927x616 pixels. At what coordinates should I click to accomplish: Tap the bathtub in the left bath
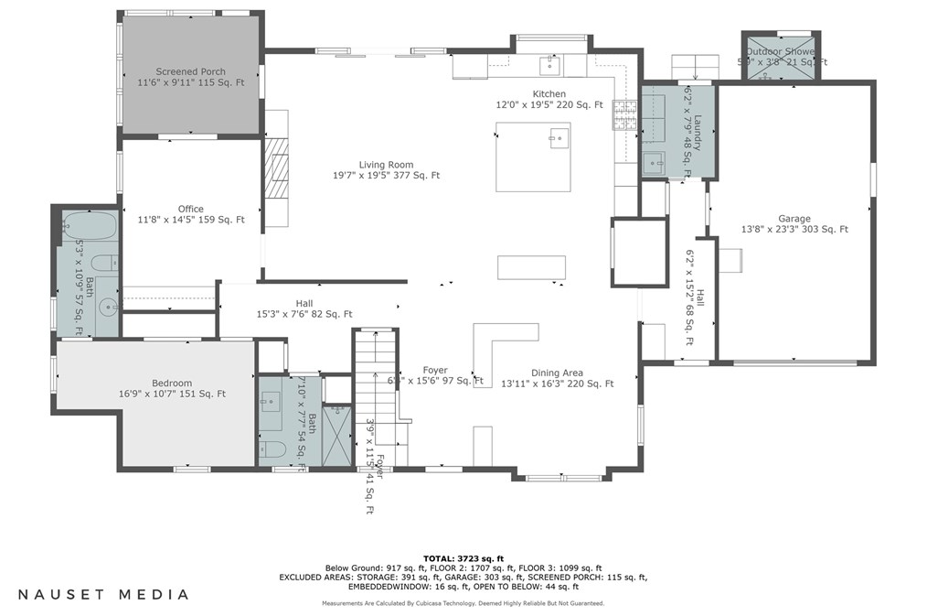[x=90, y=224]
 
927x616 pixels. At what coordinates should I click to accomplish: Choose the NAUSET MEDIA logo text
[x=103, y=594]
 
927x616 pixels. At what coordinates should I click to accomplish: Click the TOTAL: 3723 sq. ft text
[x=463, y=558]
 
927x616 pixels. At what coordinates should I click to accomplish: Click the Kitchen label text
[x=549, y=94]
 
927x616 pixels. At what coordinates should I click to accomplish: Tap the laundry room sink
[x=655, y=165]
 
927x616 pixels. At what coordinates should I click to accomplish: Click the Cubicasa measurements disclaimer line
[x=463, y=603]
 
